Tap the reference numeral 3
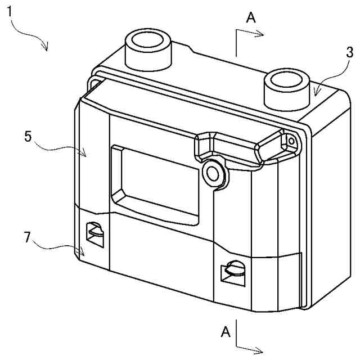tap(349, 53)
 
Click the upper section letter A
tap(251, 18)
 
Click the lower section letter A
tap(226, 332)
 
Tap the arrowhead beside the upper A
tap(260, 34)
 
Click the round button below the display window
tap(213, 172)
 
